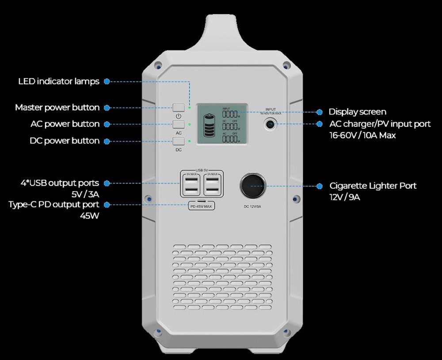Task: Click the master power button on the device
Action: (179, 107)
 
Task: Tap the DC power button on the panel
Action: (179, 142)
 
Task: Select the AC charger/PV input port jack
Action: (270, 125)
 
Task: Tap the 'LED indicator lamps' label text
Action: (59, 81)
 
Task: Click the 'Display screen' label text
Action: (357, 112)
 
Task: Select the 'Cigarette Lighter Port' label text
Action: (373, 186)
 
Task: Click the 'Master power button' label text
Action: (57, 107)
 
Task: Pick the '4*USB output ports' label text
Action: (60, 183)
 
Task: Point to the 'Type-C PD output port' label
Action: (54, 204)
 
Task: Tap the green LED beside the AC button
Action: (189, 124)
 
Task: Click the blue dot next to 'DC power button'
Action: (107, 141)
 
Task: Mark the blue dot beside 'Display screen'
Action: (319, 112)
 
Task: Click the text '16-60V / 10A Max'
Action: (362, 135)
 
